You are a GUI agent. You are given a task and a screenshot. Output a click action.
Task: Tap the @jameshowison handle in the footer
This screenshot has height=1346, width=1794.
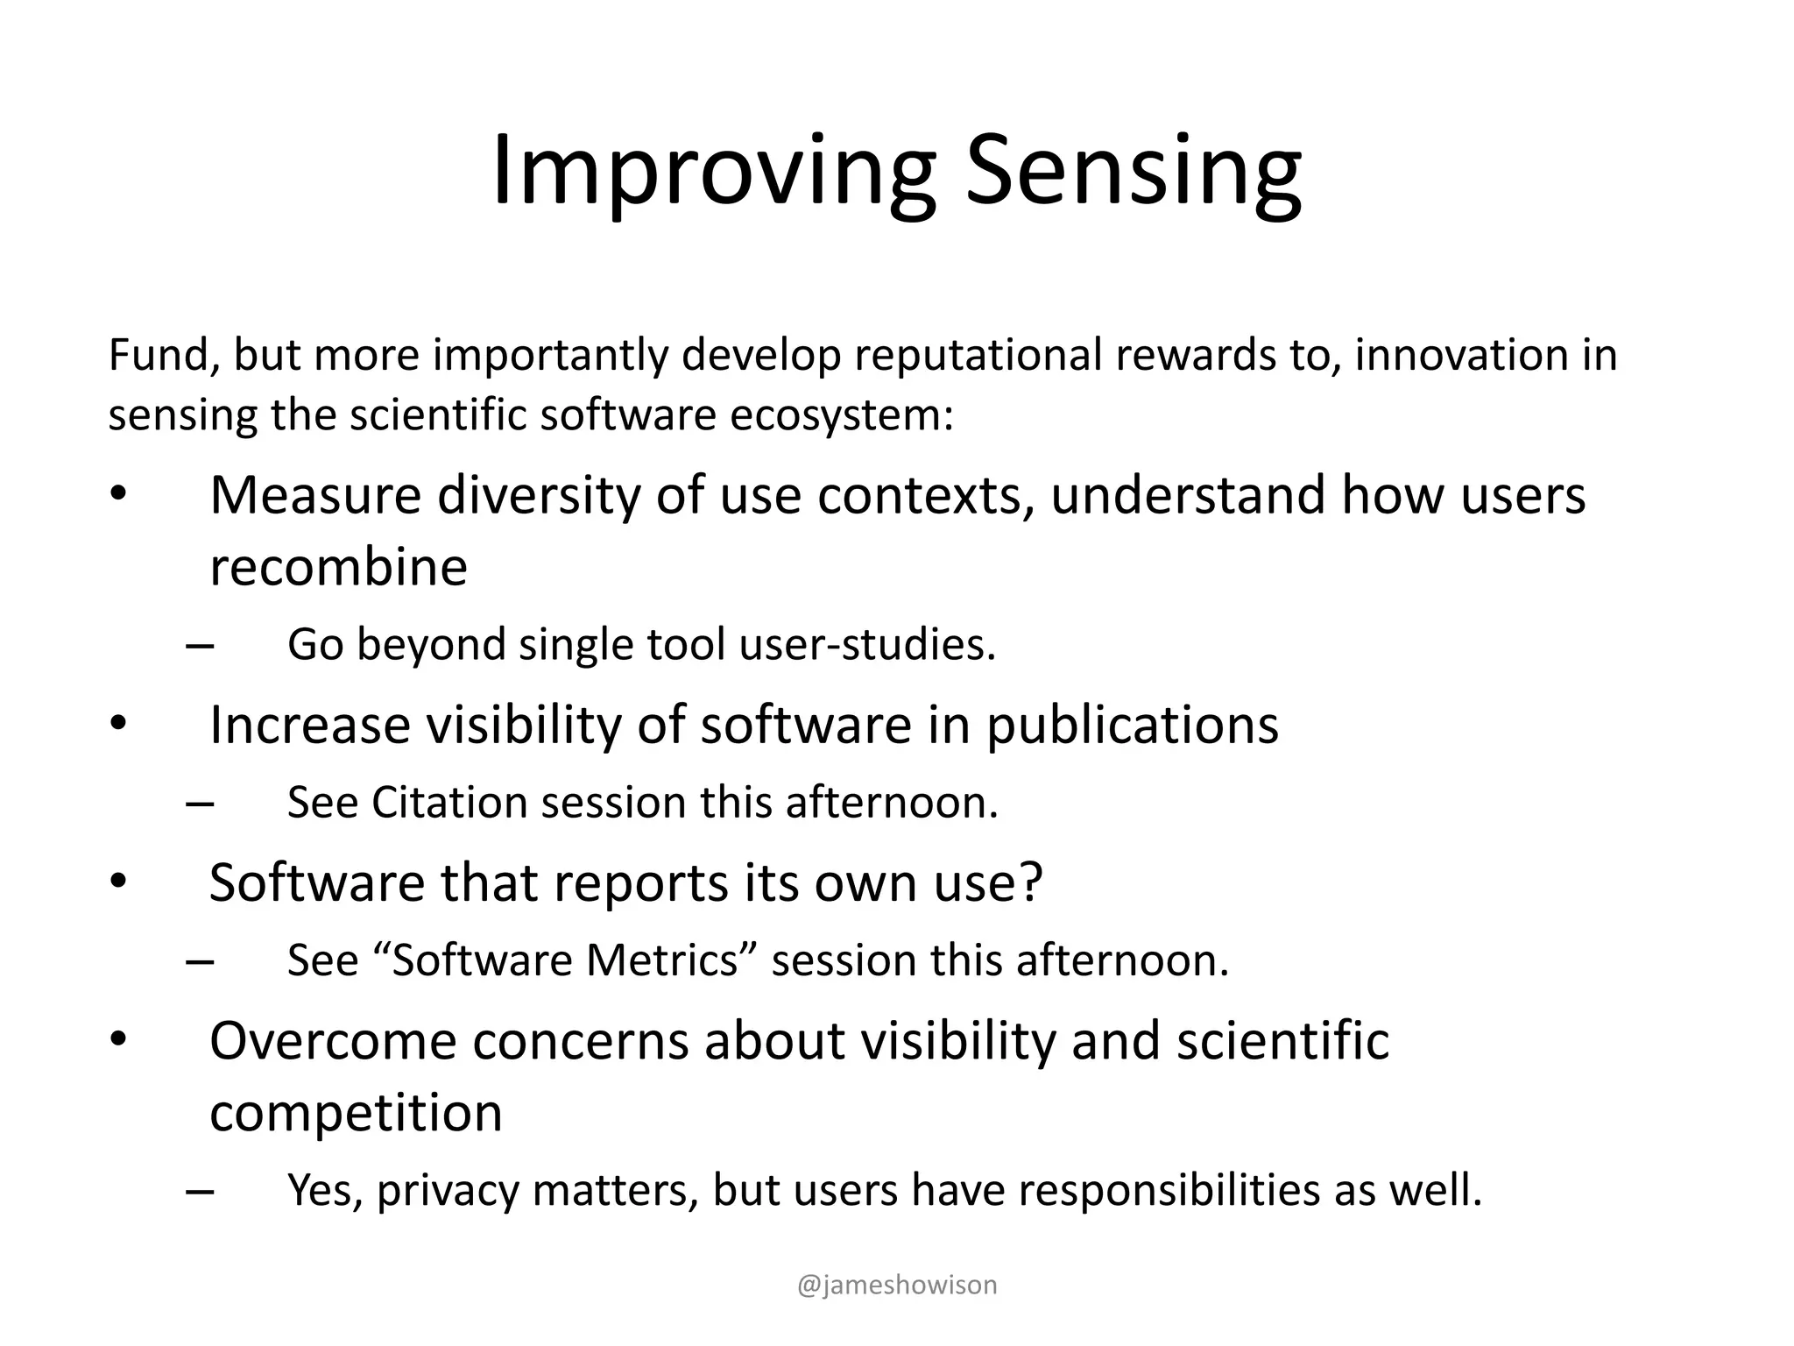click(x=897, y=1285)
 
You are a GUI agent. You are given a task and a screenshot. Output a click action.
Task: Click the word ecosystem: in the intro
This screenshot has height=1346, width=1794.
click(x=842, y=414)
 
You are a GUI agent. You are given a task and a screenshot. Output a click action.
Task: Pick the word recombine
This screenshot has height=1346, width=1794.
click(x=338, y=567)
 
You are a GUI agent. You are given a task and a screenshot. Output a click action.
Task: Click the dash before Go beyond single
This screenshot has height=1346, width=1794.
click(x=200, y=647)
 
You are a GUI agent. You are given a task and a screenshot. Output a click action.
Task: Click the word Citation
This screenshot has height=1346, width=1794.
click(x=448, y=803)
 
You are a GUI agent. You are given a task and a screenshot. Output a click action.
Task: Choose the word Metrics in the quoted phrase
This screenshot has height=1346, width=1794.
click(x=663, y=960)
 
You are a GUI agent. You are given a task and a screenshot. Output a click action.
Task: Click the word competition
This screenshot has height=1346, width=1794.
click(x=356, y=1113)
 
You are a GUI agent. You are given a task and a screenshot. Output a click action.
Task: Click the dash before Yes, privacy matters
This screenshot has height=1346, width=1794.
click(x=200, y=1192)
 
